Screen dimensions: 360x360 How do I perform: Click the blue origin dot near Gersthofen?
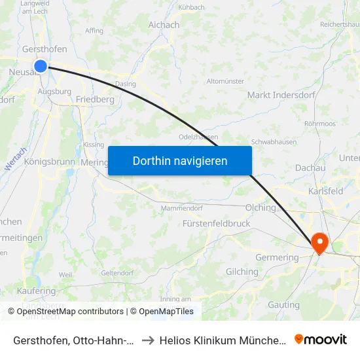[41, 65]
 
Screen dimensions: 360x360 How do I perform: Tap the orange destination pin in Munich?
[320, 243]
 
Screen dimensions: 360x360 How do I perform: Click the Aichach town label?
[164, 25]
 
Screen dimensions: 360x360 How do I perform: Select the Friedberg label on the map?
[95, 99]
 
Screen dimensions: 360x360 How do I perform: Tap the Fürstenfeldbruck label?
[216, 223]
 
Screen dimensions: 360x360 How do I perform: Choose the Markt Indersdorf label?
[281, 95]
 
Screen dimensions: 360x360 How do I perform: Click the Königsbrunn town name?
[50, 162]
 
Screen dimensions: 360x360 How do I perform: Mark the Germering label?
[277, 257]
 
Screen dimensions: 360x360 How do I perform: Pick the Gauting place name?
[284, 305]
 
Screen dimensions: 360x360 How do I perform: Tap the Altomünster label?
[225, 81]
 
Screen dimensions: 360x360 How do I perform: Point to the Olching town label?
[260, 207]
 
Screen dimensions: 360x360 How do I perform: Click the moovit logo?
[321, 339]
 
